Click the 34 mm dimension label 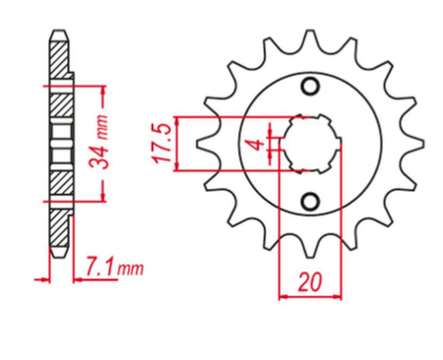pos(99,142)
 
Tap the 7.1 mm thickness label pos(114,268)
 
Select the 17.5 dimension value pos(162,144)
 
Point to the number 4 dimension pos(258,144)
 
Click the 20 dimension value pos(309,282)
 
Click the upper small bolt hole pos(310,87)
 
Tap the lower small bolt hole pos(310,201)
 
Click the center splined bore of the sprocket pos(310,144)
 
